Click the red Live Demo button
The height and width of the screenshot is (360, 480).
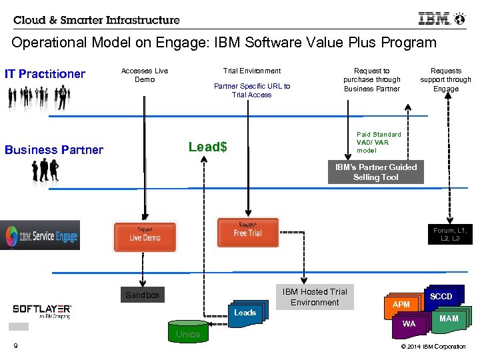(145, 237)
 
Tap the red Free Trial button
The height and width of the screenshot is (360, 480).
(247, 232)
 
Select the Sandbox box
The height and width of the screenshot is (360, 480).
(143, 295)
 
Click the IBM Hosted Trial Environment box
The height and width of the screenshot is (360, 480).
(315, 297)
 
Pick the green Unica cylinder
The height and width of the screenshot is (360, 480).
(187, 332)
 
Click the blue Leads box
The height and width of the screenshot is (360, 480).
(245, 313)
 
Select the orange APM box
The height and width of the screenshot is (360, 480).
(401, 305)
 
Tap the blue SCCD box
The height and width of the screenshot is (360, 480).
(441, 297)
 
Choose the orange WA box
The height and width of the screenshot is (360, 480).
(409, 324)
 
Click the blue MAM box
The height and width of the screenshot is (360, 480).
(449, 319)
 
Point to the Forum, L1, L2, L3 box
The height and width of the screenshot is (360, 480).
(450, 235)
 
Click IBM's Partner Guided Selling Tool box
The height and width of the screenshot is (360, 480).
(376, 173)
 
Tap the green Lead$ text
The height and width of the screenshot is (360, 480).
(207, 147)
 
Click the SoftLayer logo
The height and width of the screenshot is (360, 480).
(42, 311)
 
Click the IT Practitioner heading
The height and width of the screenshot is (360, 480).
(45, 74)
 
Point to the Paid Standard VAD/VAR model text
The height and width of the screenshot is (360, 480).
(379, 142)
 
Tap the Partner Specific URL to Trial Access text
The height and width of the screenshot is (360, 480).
(251, 90)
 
